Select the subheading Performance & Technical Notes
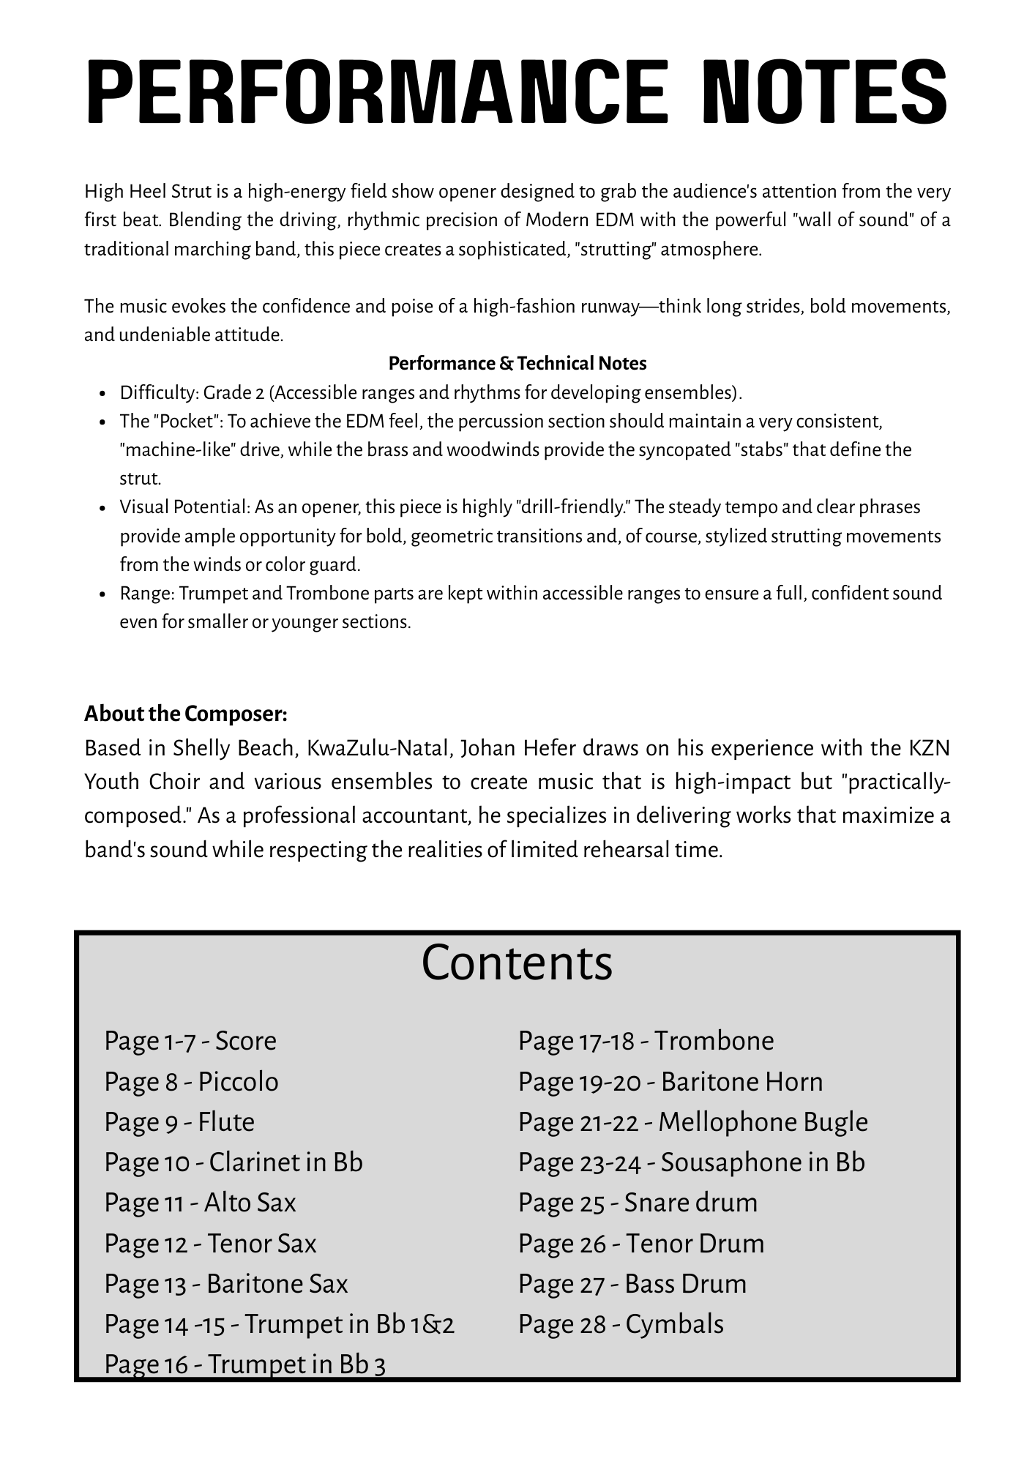(517, 363)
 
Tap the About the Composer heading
(186, 713)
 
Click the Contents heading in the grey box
(517, 963)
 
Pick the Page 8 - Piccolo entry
(192, 1082)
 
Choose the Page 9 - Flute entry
(180, 1122)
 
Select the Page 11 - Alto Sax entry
(201, 1203)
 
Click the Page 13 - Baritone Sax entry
(226, 1284)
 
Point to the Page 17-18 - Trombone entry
(646, 1041)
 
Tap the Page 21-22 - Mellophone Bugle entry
(692, 1122)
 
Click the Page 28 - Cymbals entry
(621, 1324)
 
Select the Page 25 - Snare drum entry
(638, 1203)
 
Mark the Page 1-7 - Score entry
(190, 1041)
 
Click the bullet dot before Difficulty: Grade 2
(103, 394)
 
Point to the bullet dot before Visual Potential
(103, 508)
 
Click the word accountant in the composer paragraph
(411, 816)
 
